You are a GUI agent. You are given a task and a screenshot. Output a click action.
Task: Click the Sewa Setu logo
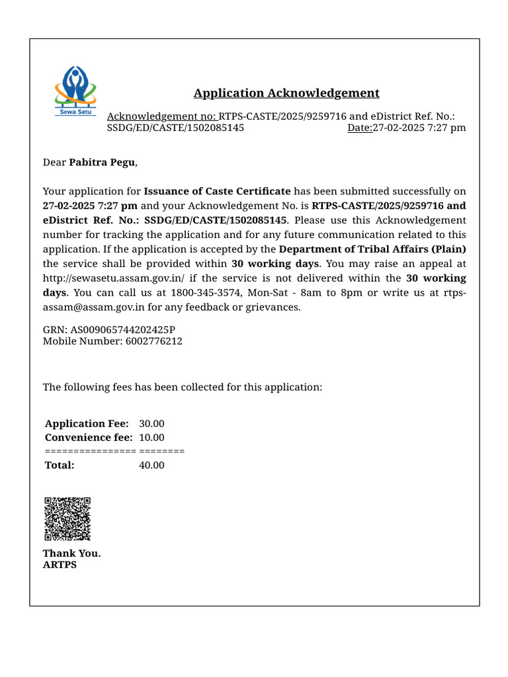click(75, 91)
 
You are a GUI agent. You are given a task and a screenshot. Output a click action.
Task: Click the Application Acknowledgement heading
click(286, 93)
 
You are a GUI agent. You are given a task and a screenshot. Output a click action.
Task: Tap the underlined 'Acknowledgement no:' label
click(161, 116)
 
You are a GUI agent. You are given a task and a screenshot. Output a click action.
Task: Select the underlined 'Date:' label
click(360, 128)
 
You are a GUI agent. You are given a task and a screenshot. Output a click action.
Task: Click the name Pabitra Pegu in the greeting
click(102, 162)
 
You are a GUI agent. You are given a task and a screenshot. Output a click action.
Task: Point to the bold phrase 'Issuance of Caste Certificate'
click(217, 191)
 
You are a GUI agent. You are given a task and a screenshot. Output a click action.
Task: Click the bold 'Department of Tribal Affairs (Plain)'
click(372, 249)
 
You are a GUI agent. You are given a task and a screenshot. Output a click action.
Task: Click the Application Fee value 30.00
click(151, 423)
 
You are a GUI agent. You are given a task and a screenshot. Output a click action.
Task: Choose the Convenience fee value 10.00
click(151, 438)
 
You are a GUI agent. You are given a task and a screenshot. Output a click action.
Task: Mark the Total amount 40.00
click(151, 465)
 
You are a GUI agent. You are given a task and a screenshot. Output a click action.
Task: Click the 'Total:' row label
click(60, 465)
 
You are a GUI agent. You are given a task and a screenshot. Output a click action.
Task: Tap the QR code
click(67, 519)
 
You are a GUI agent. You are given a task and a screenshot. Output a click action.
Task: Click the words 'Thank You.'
click(72, 553)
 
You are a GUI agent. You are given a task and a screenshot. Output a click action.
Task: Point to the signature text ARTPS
click(60, 565)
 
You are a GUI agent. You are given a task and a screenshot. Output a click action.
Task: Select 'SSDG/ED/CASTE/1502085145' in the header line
click(175, 128)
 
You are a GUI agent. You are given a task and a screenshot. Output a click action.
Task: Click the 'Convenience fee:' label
click(89, 438)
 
